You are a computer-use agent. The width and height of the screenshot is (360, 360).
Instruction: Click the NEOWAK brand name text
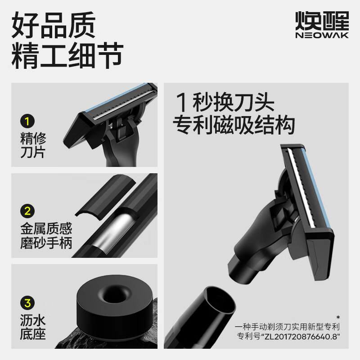click(322, 36)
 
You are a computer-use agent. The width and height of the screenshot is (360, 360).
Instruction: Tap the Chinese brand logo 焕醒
click(322, 20)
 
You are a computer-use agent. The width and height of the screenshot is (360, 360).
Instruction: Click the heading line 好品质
click(54, 25)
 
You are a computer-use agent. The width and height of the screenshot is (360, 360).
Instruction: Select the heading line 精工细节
click(67, 55)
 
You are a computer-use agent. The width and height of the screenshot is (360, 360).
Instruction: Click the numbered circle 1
click(27, 121)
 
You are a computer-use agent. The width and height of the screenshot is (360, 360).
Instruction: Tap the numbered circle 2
click(27, 211)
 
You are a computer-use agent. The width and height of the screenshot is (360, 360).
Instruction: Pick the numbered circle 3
click(27, 303)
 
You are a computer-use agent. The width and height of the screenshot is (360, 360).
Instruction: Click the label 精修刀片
click(33, 145)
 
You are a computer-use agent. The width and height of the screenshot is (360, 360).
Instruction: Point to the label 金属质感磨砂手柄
click(46, 235)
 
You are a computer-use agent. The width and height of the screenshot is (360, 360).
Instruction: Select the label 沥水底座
click(33, 327)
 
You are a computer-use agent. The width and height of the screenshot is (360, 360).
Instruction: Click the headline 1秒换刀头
click(225, 103)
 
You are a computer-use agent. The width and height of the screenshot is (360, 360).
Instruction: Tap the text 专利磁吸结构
click(234, 125)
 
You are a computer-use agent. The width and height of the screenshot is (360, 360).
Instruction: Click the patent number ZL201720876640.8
click(301, 336)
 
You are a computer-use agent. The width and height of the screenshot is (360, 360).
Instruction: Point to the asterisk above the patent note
click(338, 318)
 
